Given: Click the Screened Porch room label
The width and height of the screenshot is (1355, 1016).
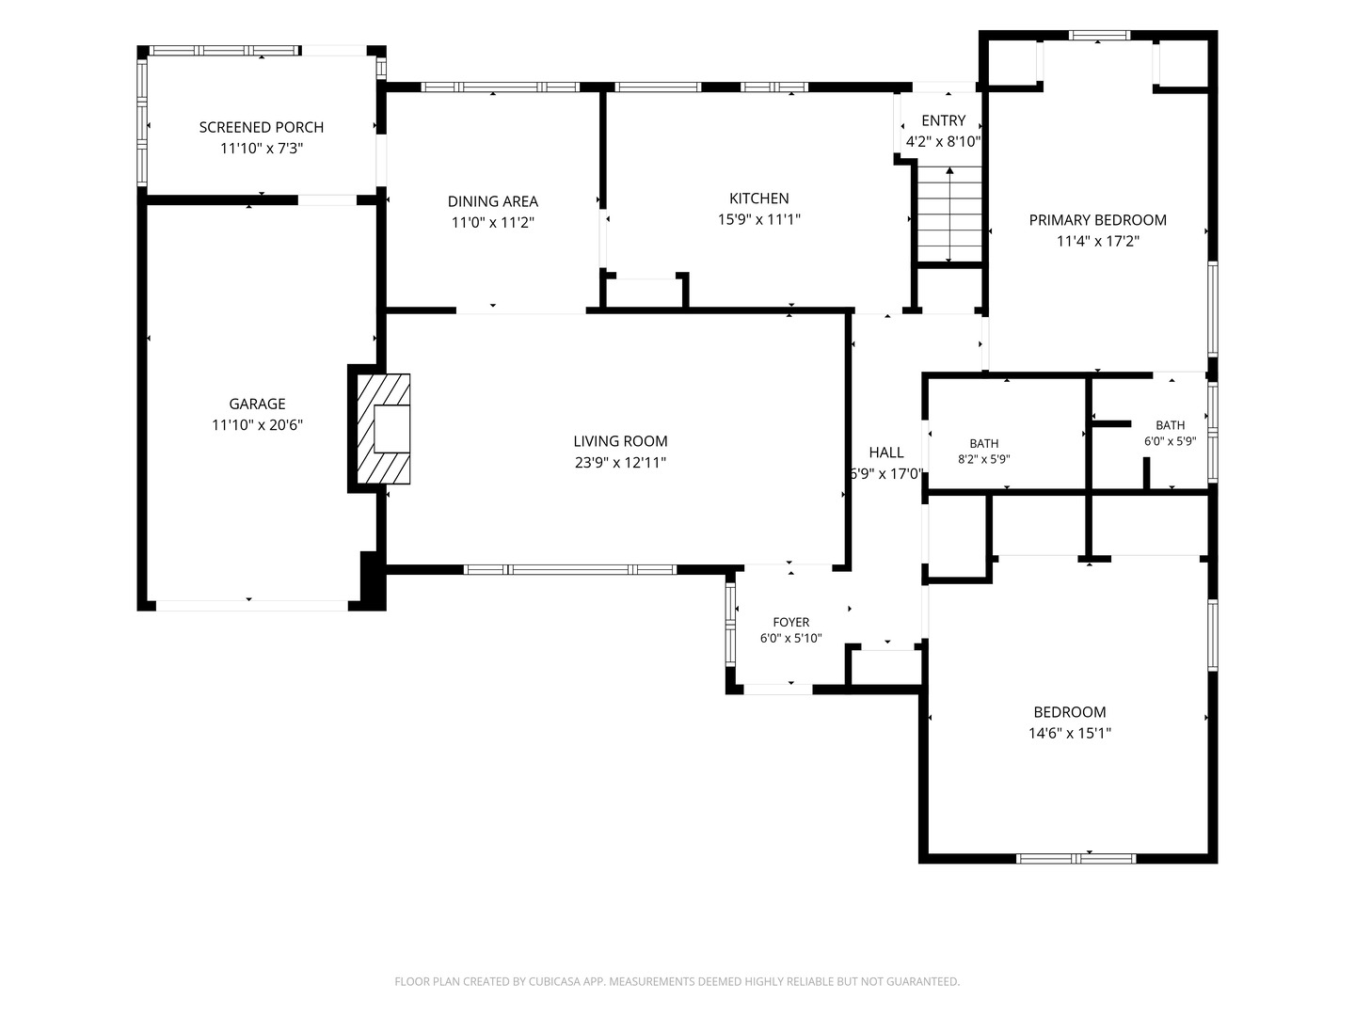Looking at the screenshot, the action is coord(262,127).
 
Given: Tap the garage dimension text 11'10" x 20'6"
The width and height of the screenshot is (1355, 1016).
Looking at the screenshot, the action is coord(257,425).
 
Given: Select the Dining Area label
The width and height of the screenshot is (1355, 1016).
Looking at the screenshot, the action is coord(493,201).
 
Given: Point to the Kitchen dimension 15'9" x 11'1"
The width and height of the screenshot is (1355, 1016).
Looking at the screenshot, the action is coord(758,219).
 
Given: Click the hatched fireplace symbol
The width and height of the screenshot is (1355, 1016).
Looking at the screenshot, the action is coord(383,429).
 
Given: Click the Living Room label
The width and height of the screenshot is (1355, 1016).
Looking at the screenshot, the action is coord(620,441).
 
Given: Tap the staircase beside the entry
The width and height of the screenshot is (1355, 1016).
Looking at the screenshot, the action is coord(949,214).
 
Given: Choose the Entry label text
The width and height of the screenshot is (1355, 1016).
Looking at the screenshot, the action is coord(943,120).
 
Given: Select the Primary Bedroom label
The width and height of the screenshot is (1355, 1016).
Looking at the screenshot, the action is coord(1097,220).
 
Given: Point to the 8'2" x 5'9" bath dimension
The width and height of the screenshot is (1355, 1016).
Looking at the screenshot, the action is coord(984,459).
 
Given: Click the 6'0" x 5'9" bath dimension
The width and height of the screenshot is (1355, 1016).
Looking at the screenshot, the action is coord(1170,441).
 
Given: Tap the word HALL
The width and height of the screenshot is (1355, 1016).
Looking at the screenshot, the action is coord(886,452).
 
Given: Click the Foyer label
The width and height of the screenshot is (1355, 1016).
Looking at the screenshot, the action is coord(790,622).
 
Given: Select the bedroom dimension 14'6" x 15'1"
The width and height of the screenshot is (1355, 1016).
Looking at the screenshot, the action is coord(1069,733).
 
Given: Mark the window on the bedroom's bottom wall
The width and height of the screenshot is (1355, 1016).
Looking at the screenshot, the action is coord(1076,858).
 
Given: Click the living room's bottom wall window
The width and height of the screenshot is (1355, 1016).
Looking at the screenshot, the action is coord(570,569).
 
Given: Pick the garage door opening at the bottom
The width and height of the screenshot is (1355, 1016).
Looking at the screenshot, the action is coord(252,606).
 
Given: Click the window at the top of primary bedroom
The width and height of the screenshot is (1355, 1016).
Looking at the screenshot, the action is coord(1099,35).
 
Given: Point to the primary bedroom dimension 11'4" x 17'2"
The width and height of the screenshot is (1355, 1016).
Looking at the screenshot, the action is coord(1097,241).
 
